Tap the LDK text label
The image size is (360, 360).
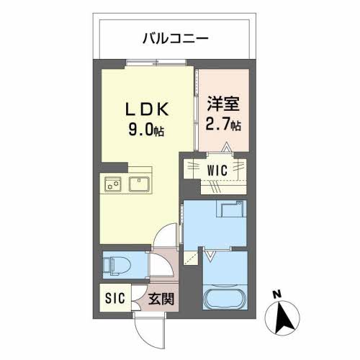[150, 109]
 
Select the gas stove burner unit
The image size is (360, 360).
[112, 184]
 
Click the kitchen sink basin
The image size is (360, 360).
[140, 184]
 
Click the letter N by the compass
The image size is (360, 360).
[277, 294]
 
